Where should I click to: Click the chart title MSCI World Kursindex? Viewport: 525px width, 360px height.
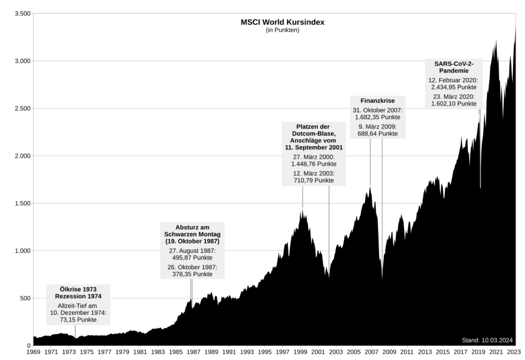pos(282,23)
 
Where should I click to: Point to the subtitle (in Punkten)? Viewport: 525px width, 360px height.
pos(282,30)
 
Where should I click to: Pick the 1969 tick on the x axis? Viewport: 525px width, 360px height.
pos(33,352)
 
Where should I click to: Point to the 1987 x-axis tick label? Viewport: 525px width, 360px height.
pos(193,352)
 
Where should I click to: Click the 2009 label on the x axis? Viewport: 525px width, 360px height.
pos(389,352)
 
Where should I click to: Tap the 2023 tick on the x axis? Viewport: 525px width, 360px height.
pos(514,352)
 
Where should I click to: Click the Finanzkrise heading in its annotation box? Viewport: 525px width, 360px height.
pos(378,101)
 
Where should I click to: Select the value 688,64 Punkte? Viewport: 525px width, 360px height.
pos(378,133)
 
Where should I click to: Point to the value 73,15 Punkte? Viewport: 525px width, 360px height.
pos(78,320)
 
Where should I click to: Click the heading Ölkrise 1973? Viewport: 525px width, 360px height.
pos(78,289)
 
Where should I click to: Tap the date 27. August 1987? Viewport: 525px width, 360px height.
pos(192,251)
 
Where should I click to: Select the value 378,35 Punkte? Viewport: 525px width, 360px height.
pos(192,274)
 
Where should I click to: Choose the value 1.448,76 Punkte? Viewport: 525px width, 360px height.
pos(314,165)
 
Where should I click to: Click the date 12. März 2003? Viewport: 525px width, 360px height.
pos(314,173)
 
